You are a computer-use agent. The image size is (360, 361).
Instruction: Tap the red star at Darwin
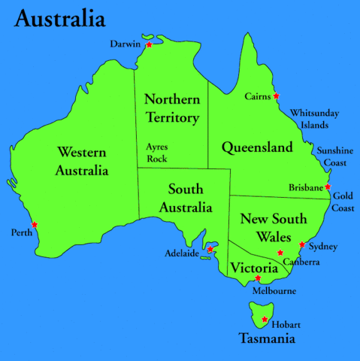(x=149, y=45)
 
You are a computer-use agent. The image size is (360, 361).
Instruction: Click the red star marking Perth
(x=35, y=224)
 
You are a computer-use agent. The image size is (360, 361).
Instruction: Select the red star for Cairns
(x=276, y=96)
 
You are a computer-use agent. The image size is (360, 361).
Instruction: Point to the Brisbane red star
(x=328, y=187)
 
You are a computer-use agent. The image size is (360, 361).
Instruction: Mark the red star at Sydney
(x=302, y=244)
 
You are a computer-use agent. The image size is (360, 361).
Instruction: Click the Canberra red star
(x=280, y=253)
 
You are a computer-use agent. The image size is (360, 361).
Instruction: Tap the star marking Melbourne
(x=258, y=278)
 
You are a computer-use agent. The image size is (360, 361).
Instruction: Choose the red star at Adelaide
(x=210, y=250)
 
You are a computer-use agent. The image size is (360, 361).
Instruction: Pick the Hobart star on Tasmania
(x=264, y=320)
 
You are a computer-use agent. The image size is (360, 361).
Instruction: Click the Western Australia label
(x=81, y=162)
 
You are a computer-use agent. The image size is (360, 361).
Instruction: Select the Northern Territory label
(x=172, y=108)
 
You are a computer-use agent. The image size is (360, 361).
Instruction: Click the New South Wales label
(x=273, y=227)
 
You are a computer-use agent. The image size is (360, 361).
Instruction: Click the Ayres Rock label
(x=158, y=153)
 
